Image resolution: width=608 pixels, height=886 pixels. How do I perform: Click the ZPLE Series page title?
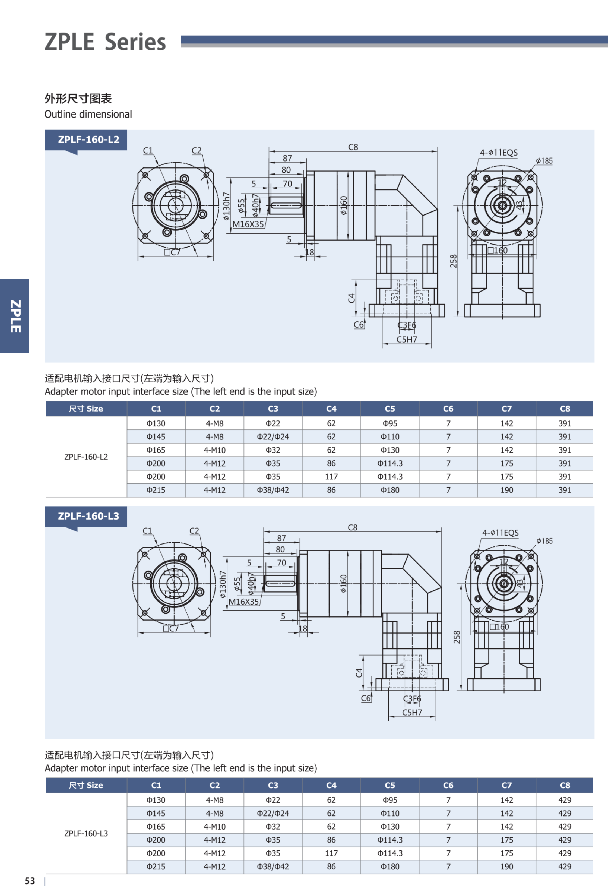click(105, 42)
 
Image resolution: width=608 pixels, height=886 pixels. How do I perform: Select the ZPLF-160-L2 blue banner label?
click(88, 140)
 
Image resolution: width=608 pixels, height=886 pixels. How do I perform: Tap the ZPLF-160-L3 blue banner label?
click(88, 516)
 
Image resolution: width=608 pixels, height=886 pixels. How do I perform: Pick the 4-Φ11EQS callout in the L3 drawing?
click(500, 533)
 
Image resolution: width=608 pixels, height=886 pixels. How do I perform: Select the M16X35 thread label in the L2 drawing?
click(248, 224)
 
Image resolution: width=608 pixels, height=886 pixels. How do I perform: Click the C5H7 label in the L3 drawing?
click(412, 713)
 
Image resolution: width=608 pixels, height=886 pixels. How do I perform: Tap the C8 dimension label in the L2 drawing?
click(353, 147)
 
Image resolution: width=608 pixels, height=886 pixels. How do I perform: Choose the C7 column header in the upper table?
click(506, 409)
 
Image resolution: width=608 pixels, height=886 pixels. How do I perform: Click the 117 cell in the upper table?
click(331, 477)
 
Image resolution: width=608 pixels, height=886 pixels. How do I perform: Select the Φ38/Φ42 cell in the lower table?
click(273, 866)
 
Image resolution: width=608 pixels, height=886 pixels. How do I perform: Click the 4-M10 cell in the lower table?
click(215, 827)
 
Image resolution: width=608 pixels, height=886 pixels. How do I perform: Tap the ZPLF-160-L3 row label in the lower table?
click(86, 833)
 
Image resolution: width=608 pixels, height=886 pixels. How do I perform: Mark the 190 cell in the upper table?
click(506, 490)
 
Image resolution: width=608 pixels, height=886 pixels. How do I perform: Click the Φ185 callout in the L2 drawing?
click(544, 161)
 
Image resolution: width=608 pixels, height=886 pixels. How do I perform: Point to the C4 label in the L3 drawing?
click(359, 673)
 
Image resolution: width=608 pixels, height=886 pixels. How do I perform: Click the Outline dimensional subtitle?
click(88, 114)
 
